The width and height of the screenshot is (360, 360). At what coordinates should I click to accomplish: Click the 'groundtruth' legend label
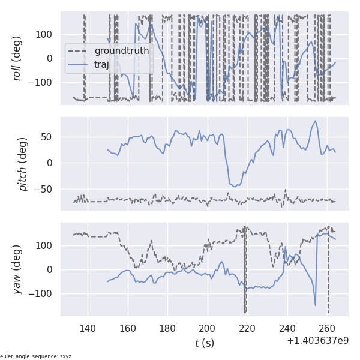coord(121,51)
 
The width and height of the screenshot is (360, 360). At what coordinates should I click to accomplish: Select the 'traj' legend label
coord(102,65)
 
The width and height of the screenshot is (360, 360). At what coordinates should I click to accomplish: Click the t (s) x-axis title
coord(204,343)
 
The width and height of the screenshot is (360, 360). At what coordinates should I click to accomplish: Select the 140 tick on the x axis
coord(88,328)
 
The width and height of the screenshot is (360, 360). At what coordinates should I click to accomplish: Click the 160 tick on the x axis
coord(127,328)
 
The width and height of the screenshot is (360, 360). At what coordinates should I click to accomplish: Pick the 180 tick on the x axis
coord(167,328)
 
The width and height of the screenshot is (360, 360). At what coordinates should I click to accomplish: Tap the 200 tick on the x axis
coord(207,328)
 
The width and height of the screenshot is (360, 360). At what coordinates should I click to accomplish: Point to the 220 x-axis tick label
coord(247,328)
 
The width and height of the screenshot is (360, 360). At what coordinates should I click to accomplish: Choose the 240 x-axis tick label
coord(287,328)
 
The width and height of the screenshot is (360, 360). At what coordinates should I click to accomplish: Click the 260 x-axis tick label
coord(327,328)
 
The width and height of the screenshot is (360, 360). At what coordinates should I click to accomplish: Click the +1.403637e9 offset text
coord(317,341)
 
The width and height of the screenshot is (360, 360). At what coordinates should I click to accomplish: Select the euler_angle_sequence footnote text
coord(36,356)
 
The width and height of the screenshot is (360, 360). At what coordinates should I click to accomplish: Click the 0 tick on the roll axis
coord(50,58)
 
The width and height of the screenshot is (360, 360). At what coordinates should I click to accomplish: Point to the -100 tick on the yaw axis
coord(43,293)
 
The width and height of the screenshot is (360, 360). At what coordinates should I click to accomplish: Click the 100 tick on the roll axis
coord(45,34)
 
